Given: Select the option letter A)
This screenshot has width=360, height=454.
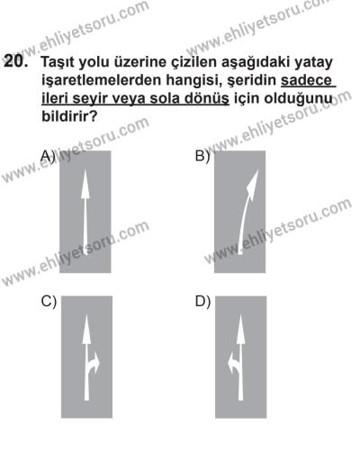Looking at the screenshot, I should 48,155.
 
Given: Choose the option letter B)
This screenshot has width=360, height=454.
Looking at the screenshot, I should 202,155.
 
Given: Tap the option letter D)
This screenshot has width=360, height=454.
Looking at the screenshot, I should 202,302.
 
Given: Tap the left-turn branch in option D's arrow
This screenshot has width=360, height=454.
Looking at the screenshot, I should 232,363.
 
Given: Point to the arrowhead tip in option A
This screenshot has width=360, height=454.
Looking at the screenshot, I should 86,174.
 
